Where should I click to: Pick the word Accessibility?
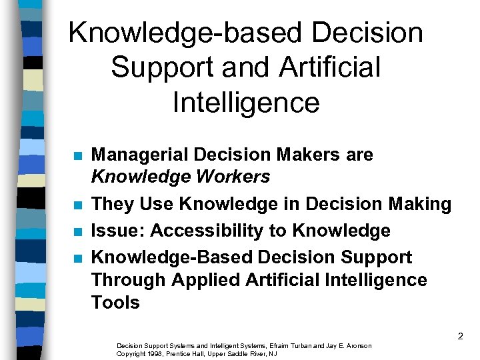click(207, 231)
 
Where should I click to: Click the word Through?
click(129, 280)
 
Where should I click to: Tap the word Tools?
click(115, 303)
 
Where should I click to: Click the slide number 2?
click(460, 337)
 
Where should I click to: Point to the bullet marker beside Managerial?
click(78, 156)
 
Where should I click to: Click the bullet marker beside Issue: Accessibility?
click(78, 231)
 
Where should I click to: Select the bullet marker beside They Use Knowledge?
click(78, 205)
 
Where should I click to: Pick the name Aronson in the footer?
click(357, 345)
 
